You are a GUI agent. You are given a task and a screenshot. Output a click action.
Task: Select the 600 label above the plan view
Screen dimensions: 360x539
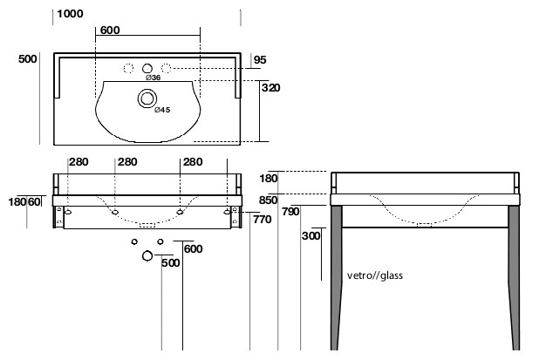coord(110,31)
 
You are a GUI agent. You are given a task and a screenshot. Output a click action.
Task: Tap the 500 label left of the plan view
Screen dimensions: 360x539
coord(27,59)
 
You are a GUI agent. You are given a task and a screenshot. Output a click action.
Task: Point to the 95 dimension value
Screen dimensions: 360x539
coord(259,60)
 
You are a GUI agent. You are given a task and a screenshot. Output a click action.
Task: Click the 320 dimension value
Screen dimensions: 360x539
coord(271,87)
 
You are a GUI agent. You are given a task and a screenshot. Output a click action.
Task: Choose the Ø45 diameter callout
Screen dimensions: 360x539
coord(161,109)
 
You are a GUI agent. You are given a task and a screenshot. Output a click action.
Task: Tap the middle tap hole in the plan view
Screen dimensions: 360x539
coord(147,67)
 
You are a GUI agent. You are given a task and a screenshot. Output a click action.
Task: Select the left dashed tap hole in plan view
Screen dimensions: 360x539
coord(127,68)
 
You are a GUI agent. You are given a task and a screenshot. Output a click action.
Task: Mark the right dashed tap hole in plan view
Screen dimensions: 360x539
coord(166,68)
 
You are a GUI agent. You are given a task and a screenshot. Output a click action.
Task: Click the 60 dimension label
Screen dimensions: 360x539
coord(34,202)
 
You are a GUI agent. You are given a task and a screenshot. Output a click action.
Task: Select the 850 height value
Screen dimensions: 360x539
coord(268,200)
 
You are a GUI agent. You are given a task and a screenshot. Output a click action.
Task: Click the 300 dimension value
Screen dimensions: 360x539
coord(310,236)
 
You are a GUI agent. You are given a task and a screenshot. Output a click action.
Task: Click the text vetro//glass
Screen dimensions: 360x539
coord(375,275)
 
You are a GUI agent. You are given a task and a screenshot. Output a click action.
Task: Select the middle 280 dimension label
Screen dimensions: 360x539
coord(127,162)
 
